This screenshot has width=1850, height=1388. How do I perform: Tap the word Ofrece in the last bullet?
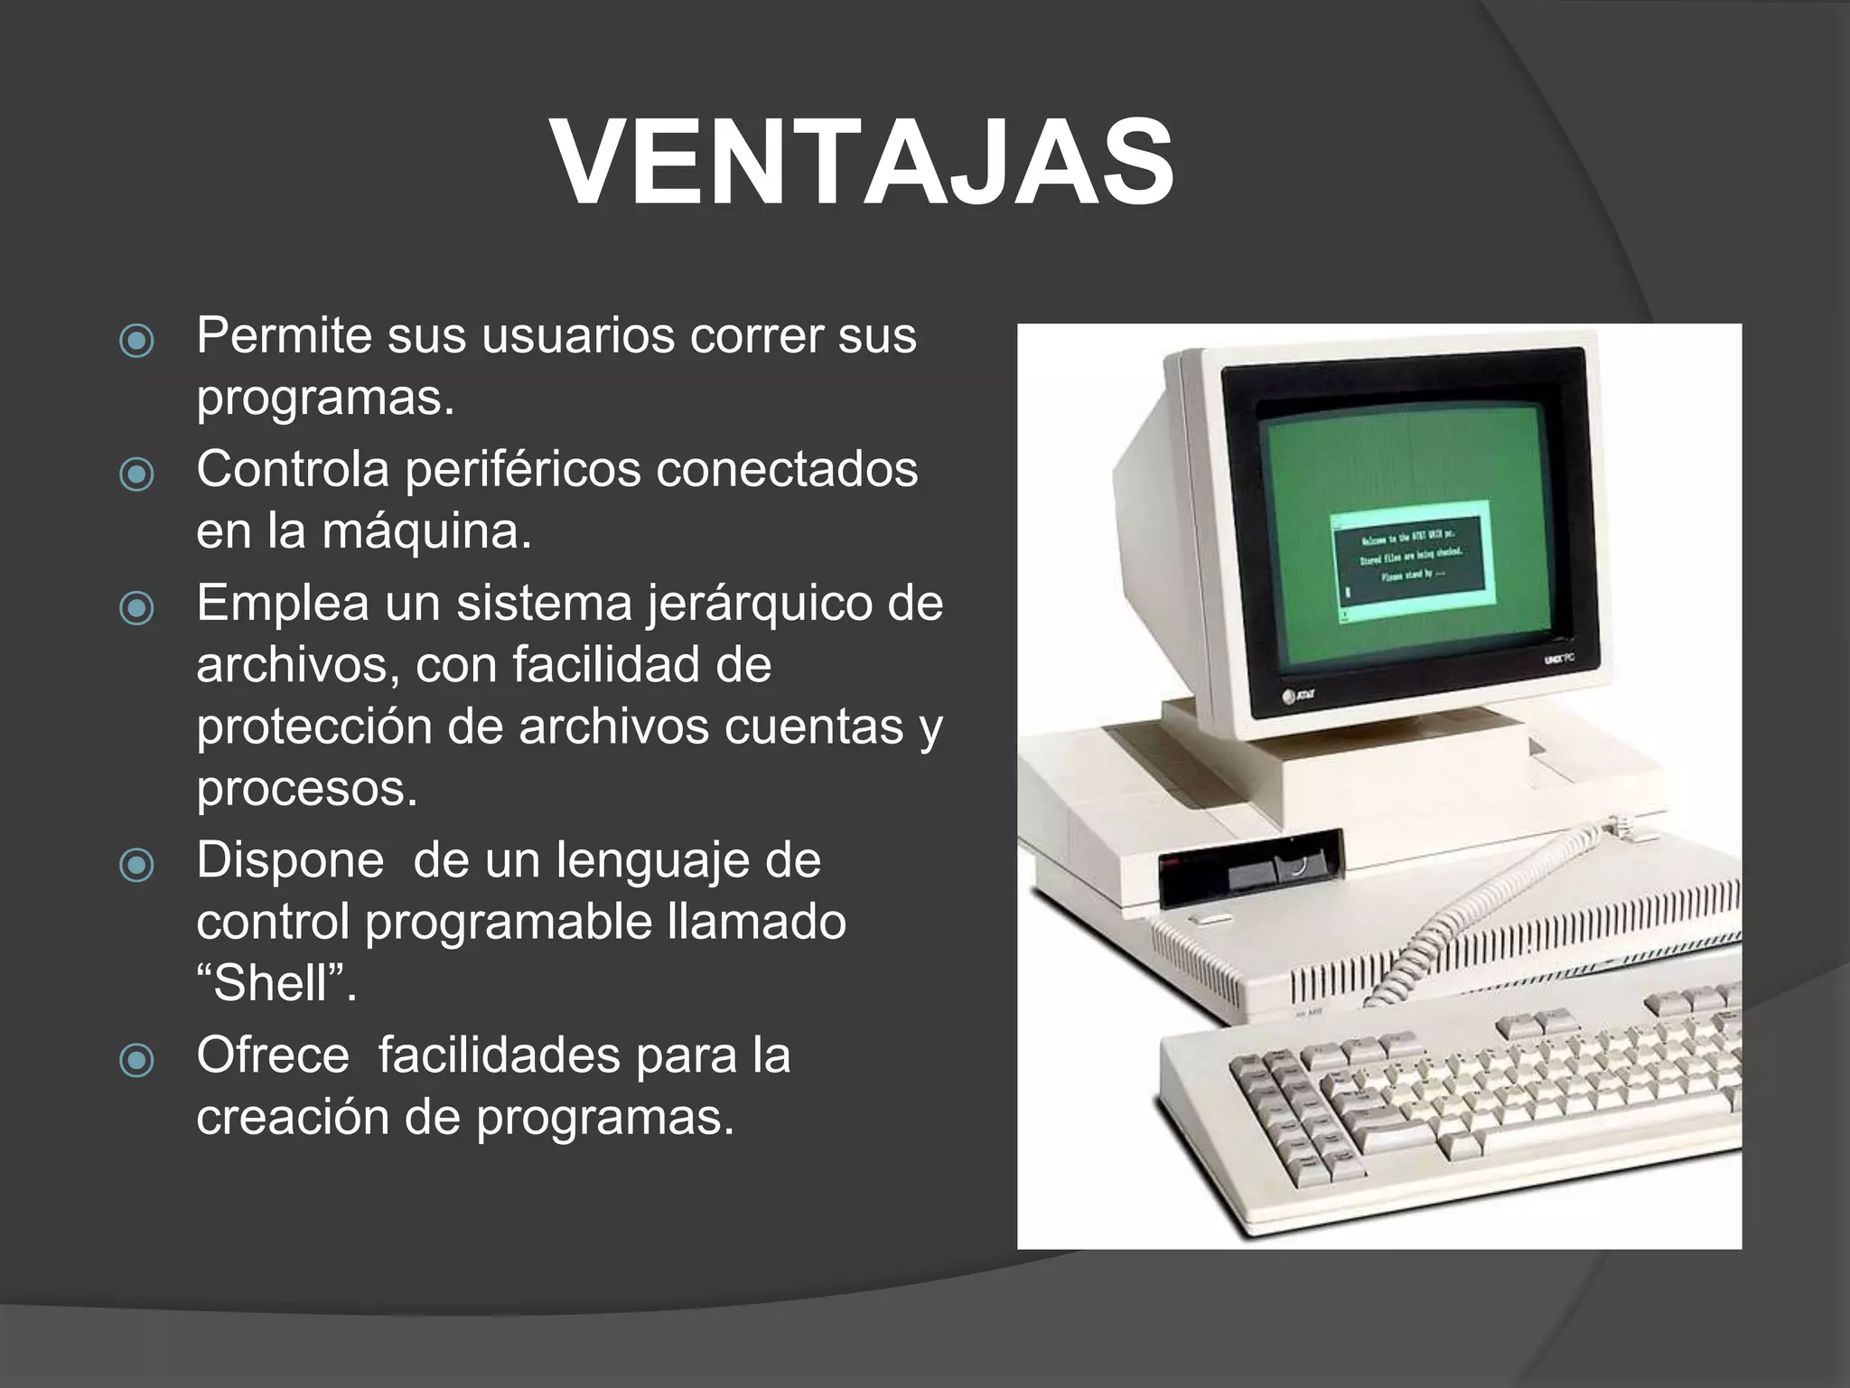coord(273,1055)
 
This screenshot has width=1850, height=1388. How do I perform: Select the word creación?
coord(292,1118)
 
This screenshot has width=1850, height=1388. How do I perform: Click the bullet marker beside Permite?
coord(136,341)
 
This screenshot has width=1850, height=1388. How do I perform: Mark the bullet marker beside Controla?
coord(136,474)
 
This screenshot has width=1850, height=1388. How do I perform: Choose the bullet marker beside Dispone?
coord(136,865)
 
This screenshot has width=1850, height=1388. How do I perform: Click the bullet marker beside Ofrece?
coord(136,1060)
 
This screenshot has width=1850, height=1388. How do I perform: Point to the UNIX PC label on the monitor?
coord(1558,660)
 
